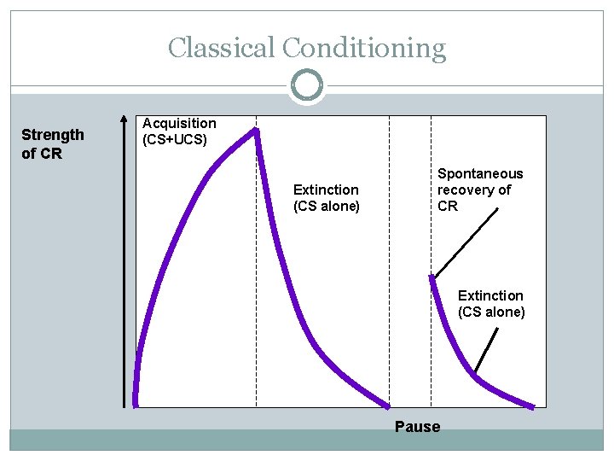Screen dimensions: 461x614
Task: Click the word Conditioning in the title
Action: point(364,48)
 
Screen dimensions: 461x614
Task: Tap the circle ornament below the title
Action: point(307,85)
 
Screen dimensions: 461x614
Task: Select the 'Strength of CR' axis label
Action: point(53,144)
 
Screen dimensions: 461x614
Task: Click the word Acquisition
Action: point(179,124)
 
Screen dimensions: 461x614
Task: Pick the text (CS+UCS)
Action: point(175,139)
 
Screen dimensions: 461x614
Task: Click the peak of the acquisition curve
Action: point(255,131)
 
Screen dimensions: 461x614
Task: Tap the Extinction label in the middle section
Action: point(326,190)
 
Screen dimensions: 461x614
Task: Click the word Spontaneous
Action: point(480,174)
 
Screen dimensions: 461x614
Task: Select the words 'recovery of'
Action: point(474,190)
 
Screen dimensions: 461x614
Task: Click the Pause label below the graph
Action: point(417,427)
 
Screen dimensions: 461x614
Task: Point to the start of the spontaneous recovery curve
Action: point(432,277)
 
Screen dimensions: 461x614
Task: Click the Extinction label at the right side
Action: point(490,296)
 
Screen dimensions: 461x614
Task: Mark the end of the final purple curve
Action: point(535,406)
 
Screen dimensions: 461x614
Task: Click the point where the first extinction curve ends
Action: point(389,406)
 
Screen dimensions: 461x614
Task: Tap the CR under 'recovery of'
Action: point(448,207)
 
